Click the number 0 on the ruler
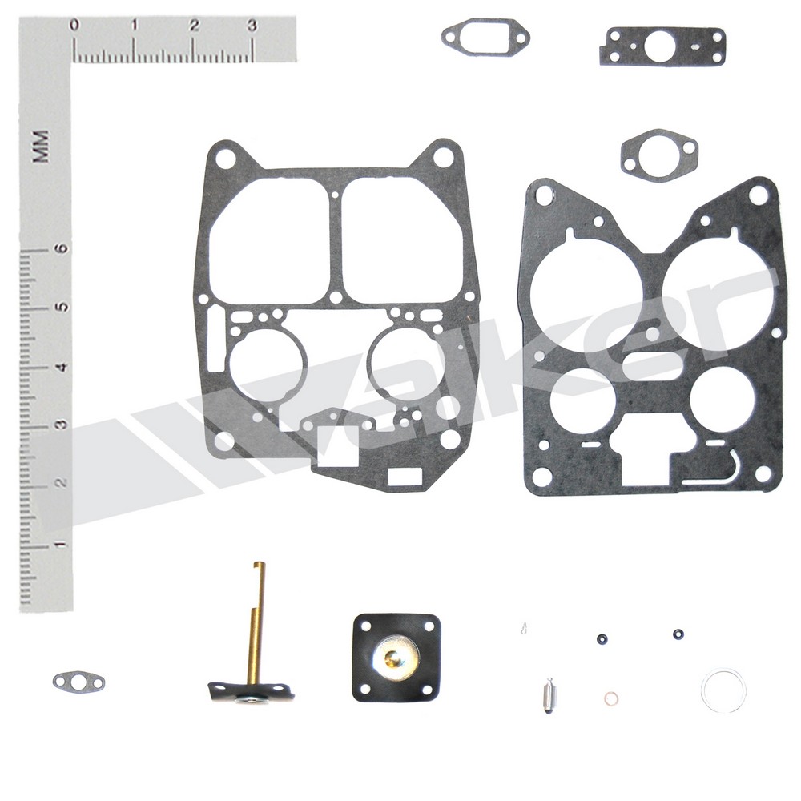[74, 26]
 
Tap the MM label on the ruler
[42, 146]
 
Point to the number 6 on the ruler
[60, 248]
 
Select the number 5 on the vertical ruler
[60, 307]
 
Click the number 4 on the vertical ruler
[60, 366]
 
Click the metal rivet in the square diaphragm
[395, 658]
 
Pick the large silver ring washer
[723, 690]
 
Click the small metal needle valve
[547, 690]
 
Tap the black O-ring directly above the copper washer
[601, 639]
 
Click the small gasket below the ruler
[78, 682]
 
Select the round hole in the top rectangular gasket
[658, 46]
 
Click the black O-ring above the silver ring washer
[678, 634]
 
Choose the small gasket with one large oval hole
[658, 155]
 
